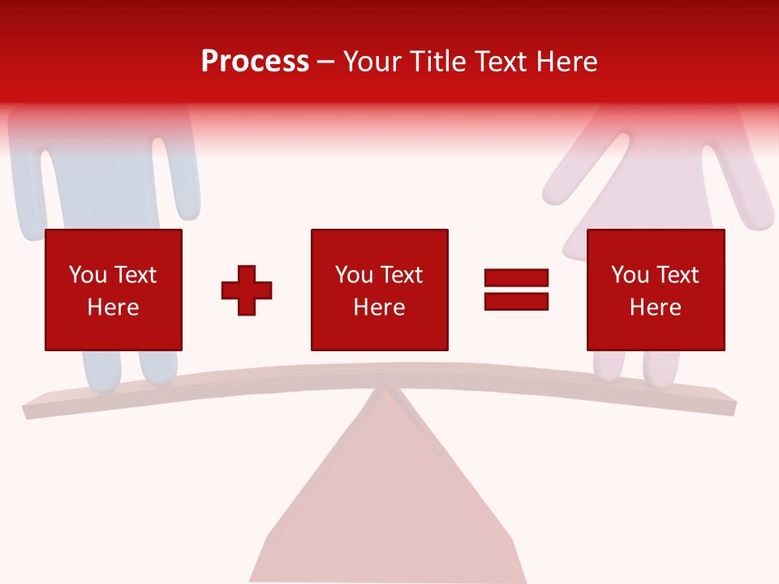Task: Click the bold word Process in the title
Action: (x=255, y=62)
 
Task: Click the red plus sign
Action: (x=247, y=290)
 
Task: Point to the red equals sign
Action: (x=516, y=290)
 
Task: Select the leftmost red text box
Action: (x=113, y=290)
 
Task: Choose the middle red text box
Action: (x=379, y=290)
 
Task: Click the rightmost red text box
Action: (x=655, y=290)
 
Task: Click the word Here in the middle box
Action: (x=379, y=307)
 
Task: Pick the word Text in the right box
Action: (x=677, y=275)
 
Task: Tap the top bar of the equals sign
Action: (x=516, y=278)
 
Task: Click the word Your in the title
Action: (x=372, y=62)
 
